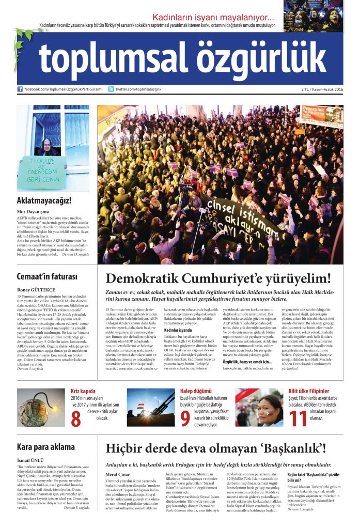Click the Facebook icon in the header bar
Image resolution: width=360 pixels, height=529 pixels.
pyautogui.click(x=20, y=89)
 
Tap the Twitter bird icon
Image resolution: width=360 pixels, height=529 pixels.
pyautogui.click(x=111, y=89)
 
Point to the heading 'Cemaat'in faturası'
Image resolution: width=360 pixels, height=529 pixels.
pyautogui.click(x=45, y=276)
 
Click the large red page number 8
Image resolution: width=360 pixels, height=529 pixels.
pyautogui.click(x=76, y=419)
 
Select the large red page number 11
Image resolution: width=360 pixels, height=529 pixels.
pyautogui.click(x=299, y=419)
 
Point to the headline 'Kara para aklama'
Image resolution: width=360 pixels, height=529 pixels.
pyautogui.click(x=46, y=447)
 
